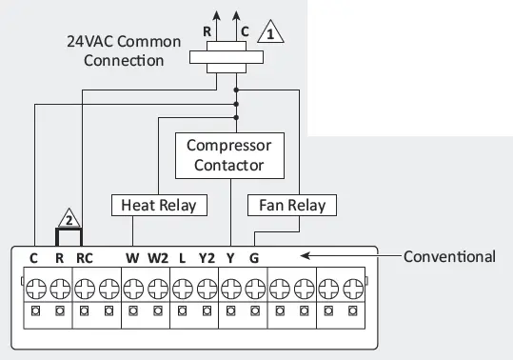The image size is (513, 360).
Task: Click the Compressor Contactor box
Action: (228, 155)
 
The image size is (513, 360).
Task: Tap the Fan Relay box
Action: (291, 205)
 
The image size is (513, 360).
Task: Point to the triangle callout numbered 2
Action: (69, 216)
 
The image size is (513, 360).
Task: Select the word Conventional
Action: (449, 256)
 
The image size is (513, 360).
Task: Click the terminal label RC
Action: (85, 256)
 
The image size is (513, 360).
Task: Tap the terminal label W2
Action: (158, 256)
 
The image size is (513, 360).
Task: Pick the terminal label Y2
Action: (207, 256)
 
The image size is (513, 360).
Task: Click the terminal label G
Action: (254, 256)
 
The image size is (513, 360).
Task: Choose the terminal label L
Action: (182, 256)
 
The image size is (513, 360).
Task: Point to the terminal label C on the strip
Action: (34, 256)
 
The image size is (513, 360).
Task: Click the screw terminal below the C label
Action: (35, 285)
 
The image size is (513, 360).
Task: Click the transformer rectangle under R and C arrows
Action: (226, 57)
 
